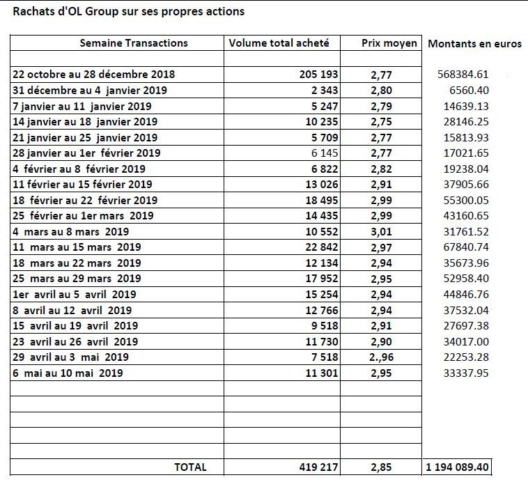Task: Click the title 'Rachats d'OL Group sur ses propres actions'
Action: click(128, 12)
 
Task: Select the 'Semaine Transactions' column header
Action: click(134, 43)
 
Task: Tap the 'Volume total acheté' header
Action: click(279, 43)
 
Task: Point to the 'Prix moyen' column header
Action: click(389, 43)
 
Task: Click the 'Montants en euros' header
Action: click(475, 44)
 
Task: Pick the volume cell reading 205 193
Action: click(318, 75)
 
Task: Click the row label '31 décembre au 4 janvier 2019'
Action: click(90, 91)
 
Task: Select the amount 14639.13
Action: click(466, 106)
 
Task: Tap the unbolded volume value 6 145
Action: click(325, 153)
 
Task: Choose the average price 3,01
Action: click(382, 232)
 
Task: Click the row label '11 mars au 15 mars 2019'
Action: click(77, 247)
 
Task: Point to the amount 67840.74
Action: click(466, 247)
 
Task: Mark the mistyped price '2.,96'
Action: click(382, 357)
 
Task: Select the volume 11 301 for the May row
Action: click(322, 373)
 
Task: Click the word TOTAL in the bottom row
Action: click(190, 467)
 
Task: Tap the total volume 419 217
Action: click(318, 467)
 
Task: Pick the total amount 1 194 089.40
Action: click(457, 467)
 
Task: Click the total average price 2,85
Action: click(382, 467)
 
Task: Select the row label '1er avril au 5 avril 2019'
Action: click(75, 295)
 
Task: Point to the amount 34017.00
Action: click(466, 342)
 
